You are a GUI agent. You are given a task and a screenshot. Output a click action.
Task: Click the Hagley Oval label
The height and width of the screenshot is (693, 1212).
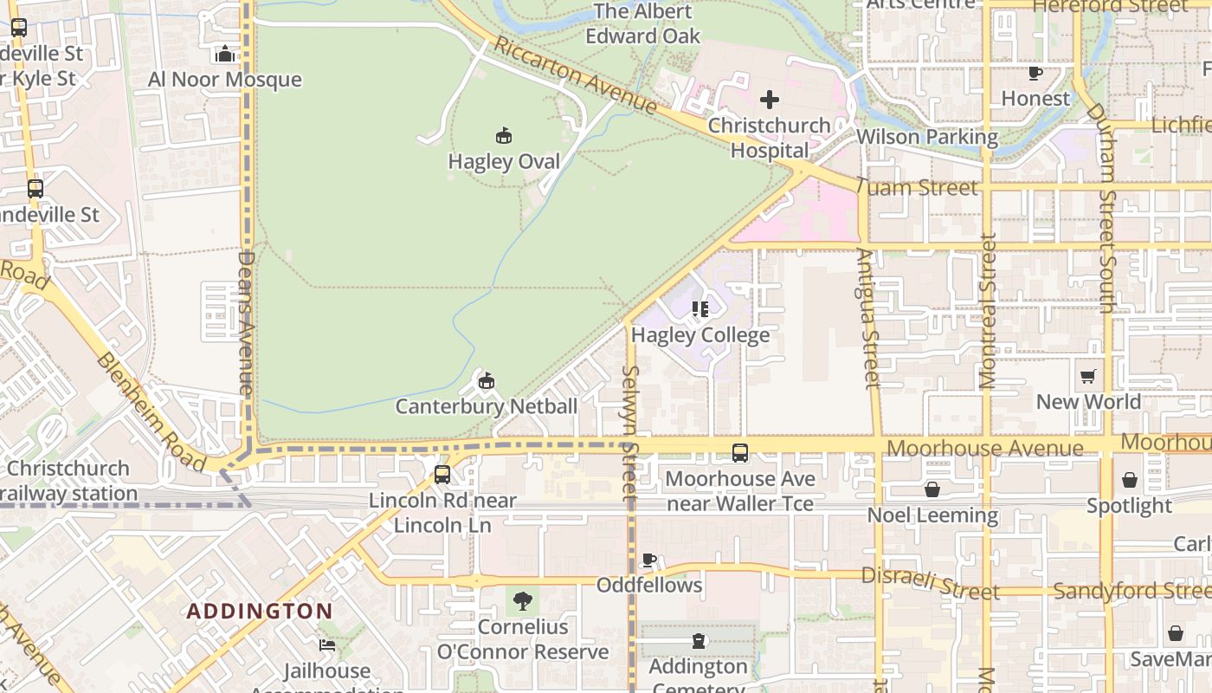click(504, 162)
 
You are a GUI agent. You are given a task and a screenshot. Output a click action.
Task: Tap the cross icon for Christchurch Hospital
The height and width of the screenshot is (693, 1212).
click(769, 100)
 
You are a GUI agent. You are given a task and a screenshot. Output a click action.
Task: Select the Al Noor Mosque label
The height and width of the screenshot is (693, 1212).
click(225, 80)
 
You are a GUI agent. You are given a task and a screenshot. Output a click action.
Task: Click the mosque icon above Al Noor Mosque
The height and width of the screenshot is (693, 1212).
click(225, 55)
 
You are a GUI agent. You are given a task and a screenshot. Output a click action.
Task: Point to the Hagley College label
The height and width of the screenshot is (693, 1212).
click(700, 335)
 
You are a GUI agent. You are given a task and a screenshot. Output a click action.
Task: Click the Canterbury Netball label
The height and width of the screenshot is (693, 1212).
click(487, 406)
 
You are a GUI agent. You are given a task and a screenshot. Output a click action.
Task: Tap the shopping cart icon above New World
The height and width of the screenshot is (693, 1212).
click(1088, 376)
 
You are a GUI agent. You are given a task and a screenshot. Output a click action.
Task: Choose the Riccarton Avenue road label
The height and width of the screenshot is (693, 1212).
click(575, 75)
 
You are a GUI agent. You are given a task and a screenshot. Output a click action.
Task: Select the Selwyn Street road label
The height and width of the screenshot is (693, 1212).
click(630, 433)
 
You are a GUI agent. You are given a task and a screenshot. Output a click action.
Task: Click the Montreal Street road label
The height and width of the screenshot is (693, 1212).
click(988, 310)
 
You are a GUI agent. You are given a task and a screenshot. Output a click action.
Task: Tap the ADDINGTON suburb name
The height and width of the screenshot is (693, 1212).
click(260, 611)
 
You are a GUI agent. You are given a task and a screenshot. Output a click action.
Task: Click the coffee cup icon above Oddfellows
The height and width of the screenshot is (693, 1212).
click(649, 560)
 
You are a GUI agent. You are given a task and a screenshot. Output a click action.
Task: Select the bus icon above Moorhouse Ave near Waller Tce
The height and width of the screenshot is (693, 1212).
click(740, 452)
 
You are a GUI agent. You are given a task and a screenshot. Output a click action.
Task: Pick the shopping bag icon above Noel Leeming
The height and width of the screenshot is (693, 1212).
click(932, 489)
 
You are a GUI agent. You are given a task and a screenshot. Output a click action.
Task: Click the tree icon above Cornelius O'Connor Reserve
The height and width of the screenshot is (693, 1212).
click(522, 600)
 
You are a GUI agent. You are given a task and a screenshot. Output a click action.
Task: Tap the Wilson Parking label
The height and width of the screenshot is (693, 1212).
click(927, 137)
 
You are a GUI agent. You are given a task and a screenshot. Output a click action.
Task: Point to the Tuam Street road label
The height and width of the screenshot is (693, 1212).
click(918, 187)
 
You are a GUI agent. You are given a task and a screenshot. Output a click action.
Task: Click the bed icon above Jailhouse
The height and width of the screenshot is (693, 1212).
click(327, 645)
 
